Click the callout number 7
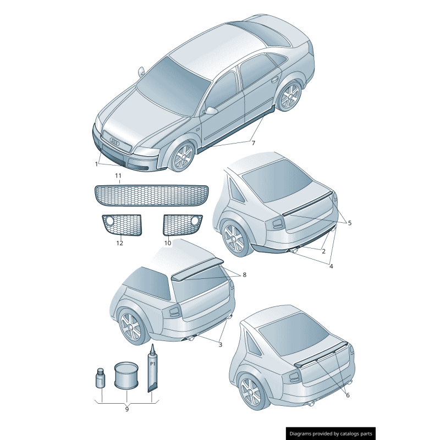(x=254, y=143)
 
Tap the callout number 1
(x=96, y=163)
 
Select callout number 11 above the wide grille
(x=118, y=175)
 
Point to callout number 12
(x=119, y=243)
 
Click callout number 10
(x=168, y=243)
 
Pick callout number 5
(x=349, y=223)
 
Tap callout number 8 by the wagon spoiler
(x=244, y=274)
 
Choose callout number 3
(x=220, y=345)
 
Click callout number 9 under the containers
(x=127, y=409)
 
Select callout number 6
(x=347, y=394)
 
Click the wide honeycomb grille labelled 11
(x=152, y=194)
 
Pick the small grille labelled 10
(x=183, y=224)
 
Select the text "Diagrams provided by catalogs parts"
(x=331, y=433)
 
